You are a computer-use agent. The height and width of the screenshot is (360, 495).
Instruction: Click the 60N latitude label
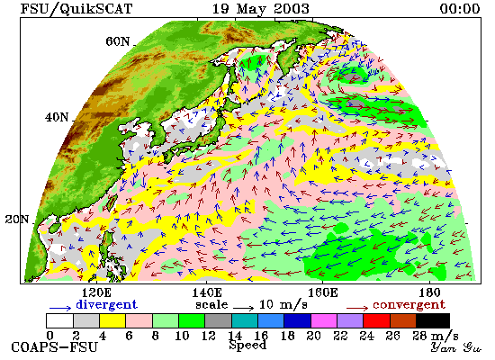click(x=118, y=41)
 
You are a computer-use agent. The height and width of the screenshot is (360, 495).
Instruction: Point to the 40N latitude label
click(x=57, y=118)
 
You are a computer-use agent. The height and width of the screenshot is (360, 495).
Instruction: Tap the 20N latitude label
click(x=17, y=220)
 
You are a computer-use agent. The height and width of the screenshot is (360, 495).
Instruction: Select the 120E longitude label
click(x=96, y=292)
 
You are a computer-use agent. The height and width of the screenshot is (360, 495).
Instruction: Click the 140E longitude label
click(x=207, y=292)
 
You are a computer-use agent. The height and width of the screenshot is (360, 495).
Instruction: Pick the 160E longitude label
click(x=322, y=292)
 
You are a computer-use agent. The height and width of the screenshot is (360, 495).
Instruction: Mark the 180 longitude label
click(x=429, y=292)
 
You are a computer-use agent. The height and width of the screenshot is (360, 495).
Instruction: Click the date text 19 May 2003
click(x=260, y=8)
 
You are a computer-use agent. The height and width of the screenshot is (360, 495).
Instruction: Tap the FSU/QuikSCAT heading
click(x=76, y=8)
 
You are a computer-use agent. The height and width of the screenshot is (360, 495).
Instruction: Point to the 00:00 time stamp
click(x=460, y=8)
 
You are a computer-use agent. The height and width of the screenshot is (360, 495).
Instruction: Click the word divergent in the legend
click(x=107, y=304)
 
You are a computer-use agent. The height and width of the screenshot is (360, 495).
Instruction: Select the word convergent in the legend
click(x=409, y=305)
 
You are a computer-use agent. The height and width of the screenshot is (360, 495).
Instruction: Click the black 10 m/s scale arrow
click(x=243, y=307)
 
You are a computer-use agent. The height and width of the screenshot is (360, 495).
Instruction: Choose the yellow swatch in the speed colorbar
click(x=112, y=320)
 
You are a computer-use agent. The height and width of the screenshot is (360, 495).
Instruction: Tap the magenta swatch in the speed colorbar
click(x=324, y=320)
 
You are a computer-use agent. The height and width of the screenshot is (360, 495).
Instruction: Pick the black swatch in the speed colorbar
click(x=433, y=320)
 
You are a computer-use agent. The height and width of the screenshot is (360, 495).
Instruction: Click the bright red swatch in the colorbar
click(x=376, y=320)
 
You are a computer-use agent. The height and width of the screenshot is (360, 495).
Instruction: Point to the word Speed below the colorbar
click(x=247, y=346)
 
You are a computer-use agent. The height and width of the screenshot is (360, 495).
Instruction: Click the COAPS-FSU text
click(x=55, y=347)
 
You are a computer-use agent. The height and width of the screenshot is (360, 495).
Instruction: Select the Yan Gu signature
click(x=456, y=347)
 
